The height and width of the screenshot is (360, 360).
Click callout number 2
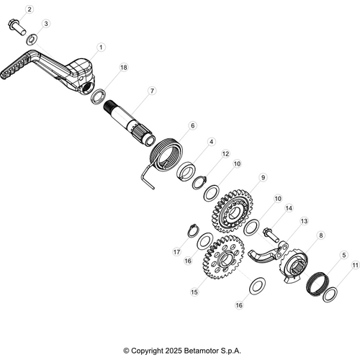[30, 9]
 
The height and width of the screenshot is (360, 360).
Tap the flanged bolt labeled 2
[17, 28]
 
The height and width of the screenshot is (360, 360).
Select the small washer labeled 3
[31, 40]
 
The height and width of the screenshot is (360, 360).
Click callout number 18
[124, 68]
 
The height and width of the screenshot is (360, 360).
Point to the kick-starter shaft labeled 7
[130, 122]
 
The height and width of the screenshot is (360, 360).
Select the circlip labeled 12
[199, 182]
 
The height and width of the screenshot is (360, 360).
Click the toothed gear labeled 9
[233, 211]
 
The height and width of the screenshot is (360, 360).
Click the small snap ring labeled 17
[193, 230]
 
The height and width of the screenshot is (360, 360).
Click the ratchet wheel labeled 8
[293, 266]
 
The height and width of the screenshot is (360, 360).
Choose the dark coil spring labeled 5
[318, 284]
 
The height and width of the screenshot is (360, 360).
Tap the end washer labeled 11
[330, 294]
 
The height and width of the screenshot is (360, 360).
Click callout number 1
[101, 48]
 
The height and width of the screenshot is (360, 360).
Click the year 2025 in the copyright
[173, 351]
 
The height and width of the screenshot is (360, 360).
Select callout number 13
[304, 221]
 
